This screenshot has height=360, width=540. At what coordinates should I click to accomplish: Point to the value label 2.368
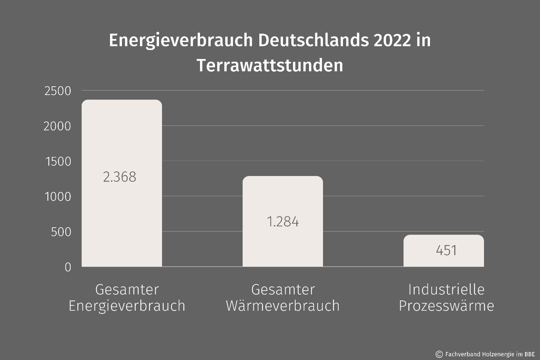click(x=120, y=177)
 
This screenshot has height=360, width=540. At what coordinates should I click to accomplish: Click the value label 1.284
click(x=283, y=222)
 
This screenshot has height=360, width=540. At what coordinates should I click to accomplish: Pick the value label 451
click(x=446, y=250)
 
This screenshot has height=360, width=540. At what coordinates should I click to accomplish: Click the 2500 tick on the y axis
click(x=58, y=91)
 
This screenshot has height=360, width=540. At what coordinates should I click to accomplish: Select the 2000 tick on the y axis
click(x=57, y=126)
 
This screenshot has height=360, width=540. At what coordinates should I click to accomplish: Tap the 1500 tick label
click(x=58, y=162)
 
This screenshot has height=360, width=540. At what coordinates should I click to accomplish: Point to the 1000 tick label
click(x=58, y=197)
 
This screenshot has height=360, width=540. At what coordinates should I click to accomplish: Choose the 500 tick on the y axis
click(x=61, y=232)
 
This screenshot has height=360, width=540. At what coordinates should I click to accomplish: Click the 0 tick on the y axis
click(x=68, y=267)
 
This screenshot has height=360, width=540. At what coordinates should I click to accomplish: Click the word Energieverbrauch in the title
click(x=181, y=41)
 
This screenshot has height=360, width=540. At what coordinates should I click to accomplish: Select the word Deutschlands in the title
click(x=313, y=41)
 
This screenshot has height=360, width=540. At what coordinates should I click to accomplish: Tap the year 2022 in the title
click(x=392, y=41)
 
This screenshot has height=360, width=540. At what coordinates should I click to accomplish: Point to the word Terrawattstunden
click(x=270, y=65)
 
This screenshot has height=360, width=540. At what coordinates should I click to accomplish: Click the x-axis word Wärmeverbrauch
click(x=283, y=306)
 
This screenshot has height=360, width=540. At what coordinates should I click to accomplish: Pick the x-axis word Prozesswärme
click(x=446, y=306)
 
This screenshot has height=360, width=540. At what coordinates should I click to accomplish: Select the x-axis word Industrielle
click(x=446, y=289)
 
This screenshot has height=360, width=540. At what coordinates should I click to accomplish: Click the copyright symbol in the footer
click(x=439, y=354)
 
